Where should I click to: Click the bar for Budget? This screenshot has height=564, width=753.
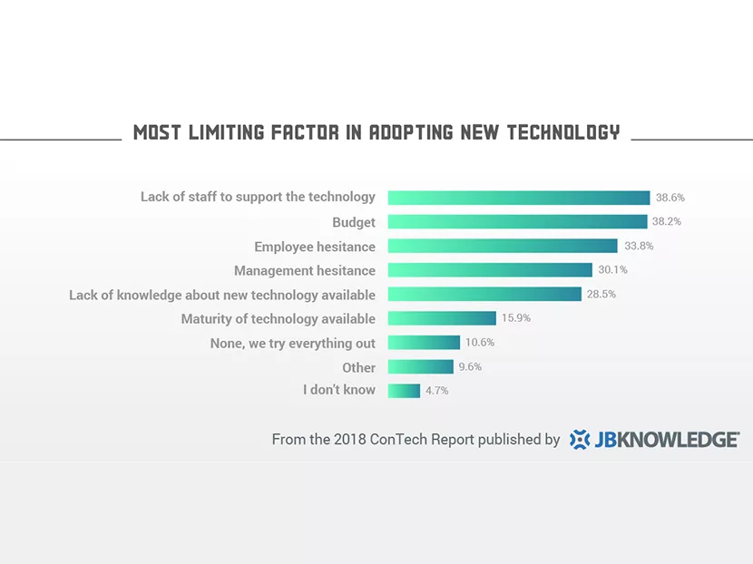517,222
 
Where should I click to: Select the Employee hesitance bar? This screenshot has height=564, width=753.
503,246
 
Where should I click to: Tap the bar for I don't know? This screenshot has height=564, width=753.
404,391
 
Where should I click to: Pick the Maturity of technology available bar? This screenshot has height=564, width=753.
442,318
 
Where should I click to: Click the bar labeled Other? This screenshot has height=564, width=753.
420,367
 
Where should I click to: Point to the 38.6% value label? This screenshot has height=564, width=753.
670,197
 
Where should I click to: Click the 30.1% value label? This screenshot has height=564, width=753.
612,269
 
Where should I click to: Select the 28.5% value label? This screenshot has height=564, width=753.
601,294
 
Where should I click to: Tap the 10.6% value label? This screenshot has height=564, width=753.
479,343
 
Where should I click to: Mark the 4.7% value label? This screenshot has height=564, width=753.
436,391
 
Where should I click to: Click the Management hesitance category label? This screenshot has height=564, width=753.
304,270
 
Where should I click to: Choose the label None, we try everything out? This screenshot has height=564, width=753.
292,343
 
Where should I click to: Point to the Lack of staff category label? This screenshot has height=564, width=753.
258,197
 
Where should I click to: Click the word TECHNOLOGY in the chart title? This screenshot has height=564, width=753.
562,132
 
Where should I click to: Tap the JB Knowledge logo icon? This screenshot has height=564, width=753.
579,440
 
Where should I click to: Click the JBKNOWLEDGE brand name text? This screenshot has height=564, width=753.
667,440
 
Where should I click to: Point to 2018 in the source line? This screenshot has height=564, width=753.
349,440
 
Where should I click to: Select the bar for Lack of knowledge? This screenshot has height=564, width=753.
484,294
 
